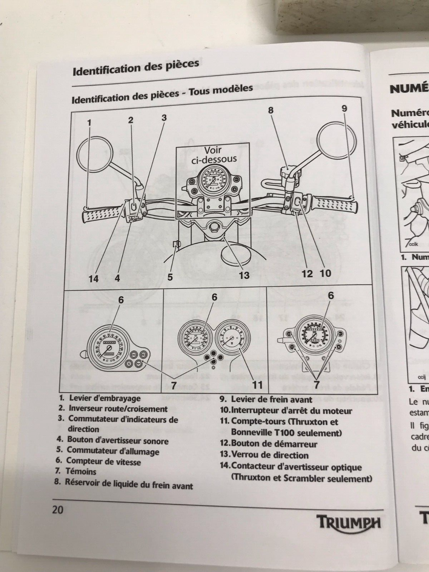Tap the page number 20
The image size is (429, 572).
pos(58,509)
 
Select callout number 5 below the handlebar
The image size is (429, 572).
pos(170,276)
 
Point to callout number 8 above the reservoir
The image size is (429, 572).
pos(271,110)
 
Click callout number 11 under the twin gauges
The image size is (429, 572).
pos(257,384)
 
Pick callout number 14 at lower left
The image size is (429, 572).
pos(93,278)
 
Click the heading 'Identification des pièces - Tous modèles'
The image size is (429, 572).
pos(163,93)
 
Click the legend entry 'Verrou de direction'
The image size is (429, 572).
pos(270,455)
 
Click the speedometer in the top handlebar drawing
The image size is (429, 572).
pos(213,180)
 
